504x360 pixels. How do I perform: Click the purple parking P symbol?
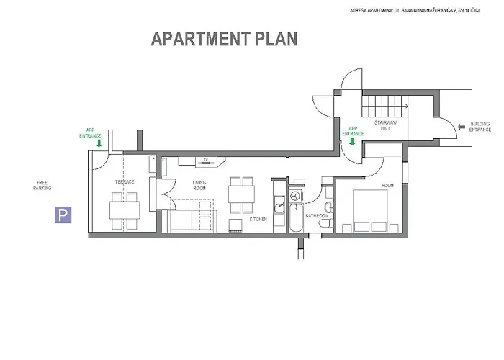(x=65, y=214)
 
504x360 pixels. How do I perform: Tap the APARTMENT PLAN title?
(x=223, y=39)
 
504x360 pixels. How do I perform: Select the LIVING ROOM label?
(x=199, y=186)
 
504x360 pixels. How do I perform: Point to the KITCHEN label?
(x=259, y=218)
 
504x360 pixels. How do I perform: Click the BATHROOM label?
(x=317, y=215)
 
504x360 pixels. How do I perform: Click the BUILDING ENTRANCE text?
(x=480, y=127)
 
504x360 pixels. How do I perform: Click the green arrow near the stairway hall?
(x=352, y=141)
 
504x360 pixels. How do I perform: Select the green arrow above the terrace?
(x=99, y=143)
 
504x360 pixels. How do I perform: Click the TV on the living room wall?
(x=205, y=159)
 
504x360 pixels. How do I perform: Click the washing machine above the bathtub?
(x=295, y=196)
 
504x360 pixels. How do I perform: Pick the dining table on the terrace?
(x=125, y=210)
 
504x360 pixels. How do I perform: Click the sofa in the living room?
(x=189, y=220)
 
